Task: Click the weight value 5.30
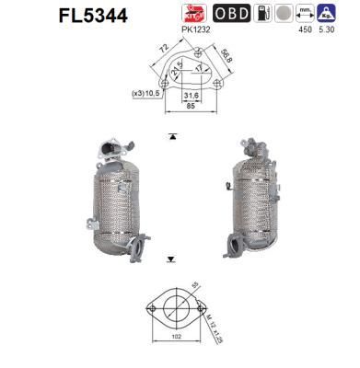click(x=327, y=29)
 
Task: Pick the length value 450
click(x=296, y=29)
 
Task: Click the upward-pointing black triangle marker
click(x=172, y=135)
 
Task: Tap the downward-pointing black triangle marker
click(x=172, y=259)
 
